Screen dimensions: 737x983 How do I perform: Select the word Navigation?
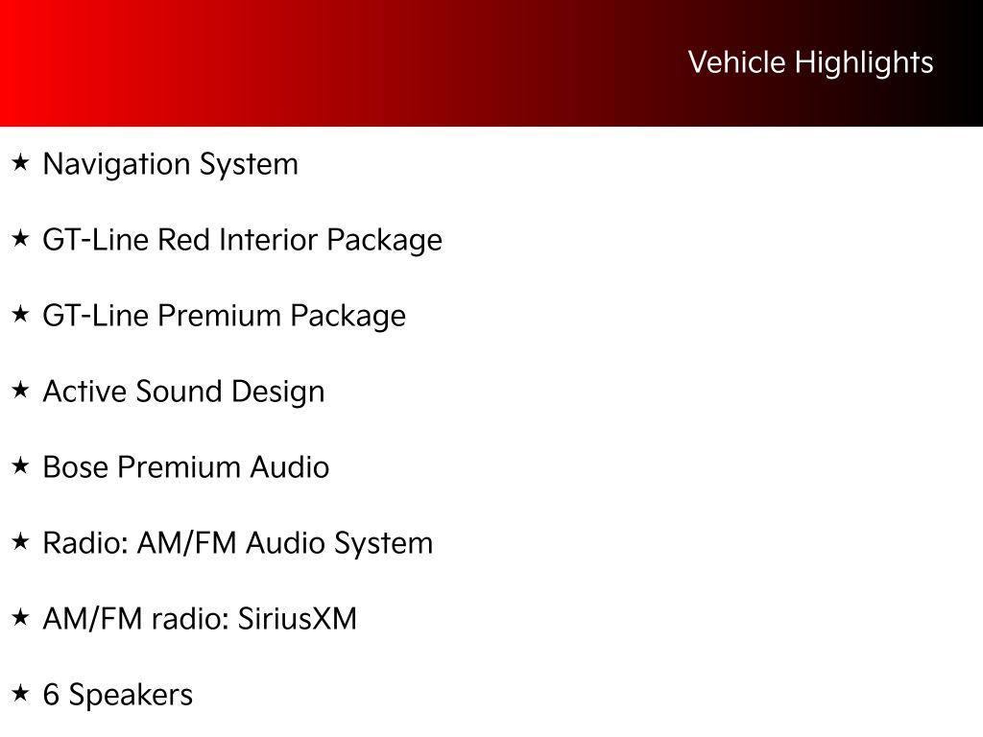tap(117, 164)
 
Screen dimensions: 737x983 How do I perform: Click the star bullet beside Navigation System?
tap(20, 163)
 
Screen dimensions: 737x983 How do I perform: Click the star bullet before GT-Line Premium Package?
tap(20, 315)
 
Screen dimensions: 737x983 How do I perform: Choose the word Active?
tap(85, 392)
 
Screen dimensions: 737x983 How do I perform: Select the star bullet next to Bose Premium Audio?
tap(20, 466)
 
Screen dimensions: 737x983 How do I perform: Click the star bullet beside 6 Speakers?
tap(20, 694)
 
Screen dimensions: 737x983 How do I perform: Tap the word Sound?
tap(174, 392)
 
